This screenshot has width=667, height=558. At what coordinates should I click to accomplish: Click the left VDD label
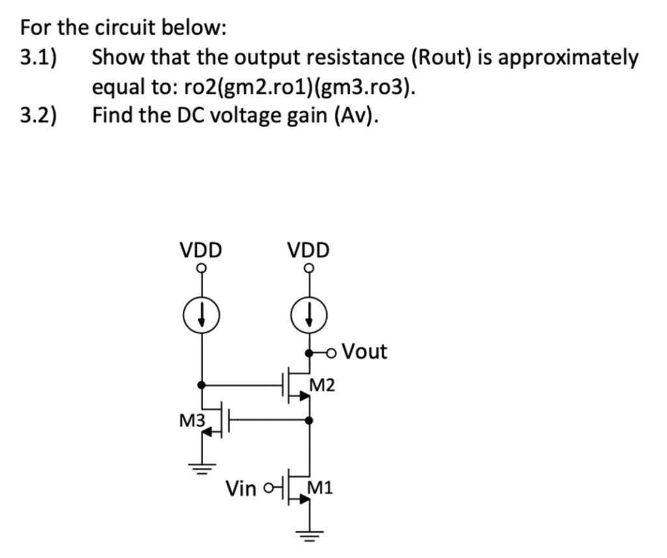pos(201,250)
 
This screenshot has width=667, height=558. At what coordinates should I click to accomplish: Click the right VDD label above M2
pos(309,250)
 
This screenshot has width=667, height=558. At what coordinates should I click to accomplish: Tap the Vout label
pos(364,352)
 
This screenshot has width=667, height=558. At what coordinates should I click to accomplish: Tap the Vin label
pos(241,488)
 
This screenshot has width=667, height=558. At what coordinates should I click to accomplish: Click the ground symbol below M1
pos(309,535)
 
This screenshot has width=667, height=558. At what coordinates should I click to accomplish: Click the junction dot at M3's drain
pos(201,385)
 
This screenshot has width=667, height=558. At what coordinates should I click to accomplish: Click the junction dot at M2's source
pos(309,420)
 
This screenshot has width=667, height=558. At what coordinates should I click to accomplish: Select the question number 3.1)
pos(38,57)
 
